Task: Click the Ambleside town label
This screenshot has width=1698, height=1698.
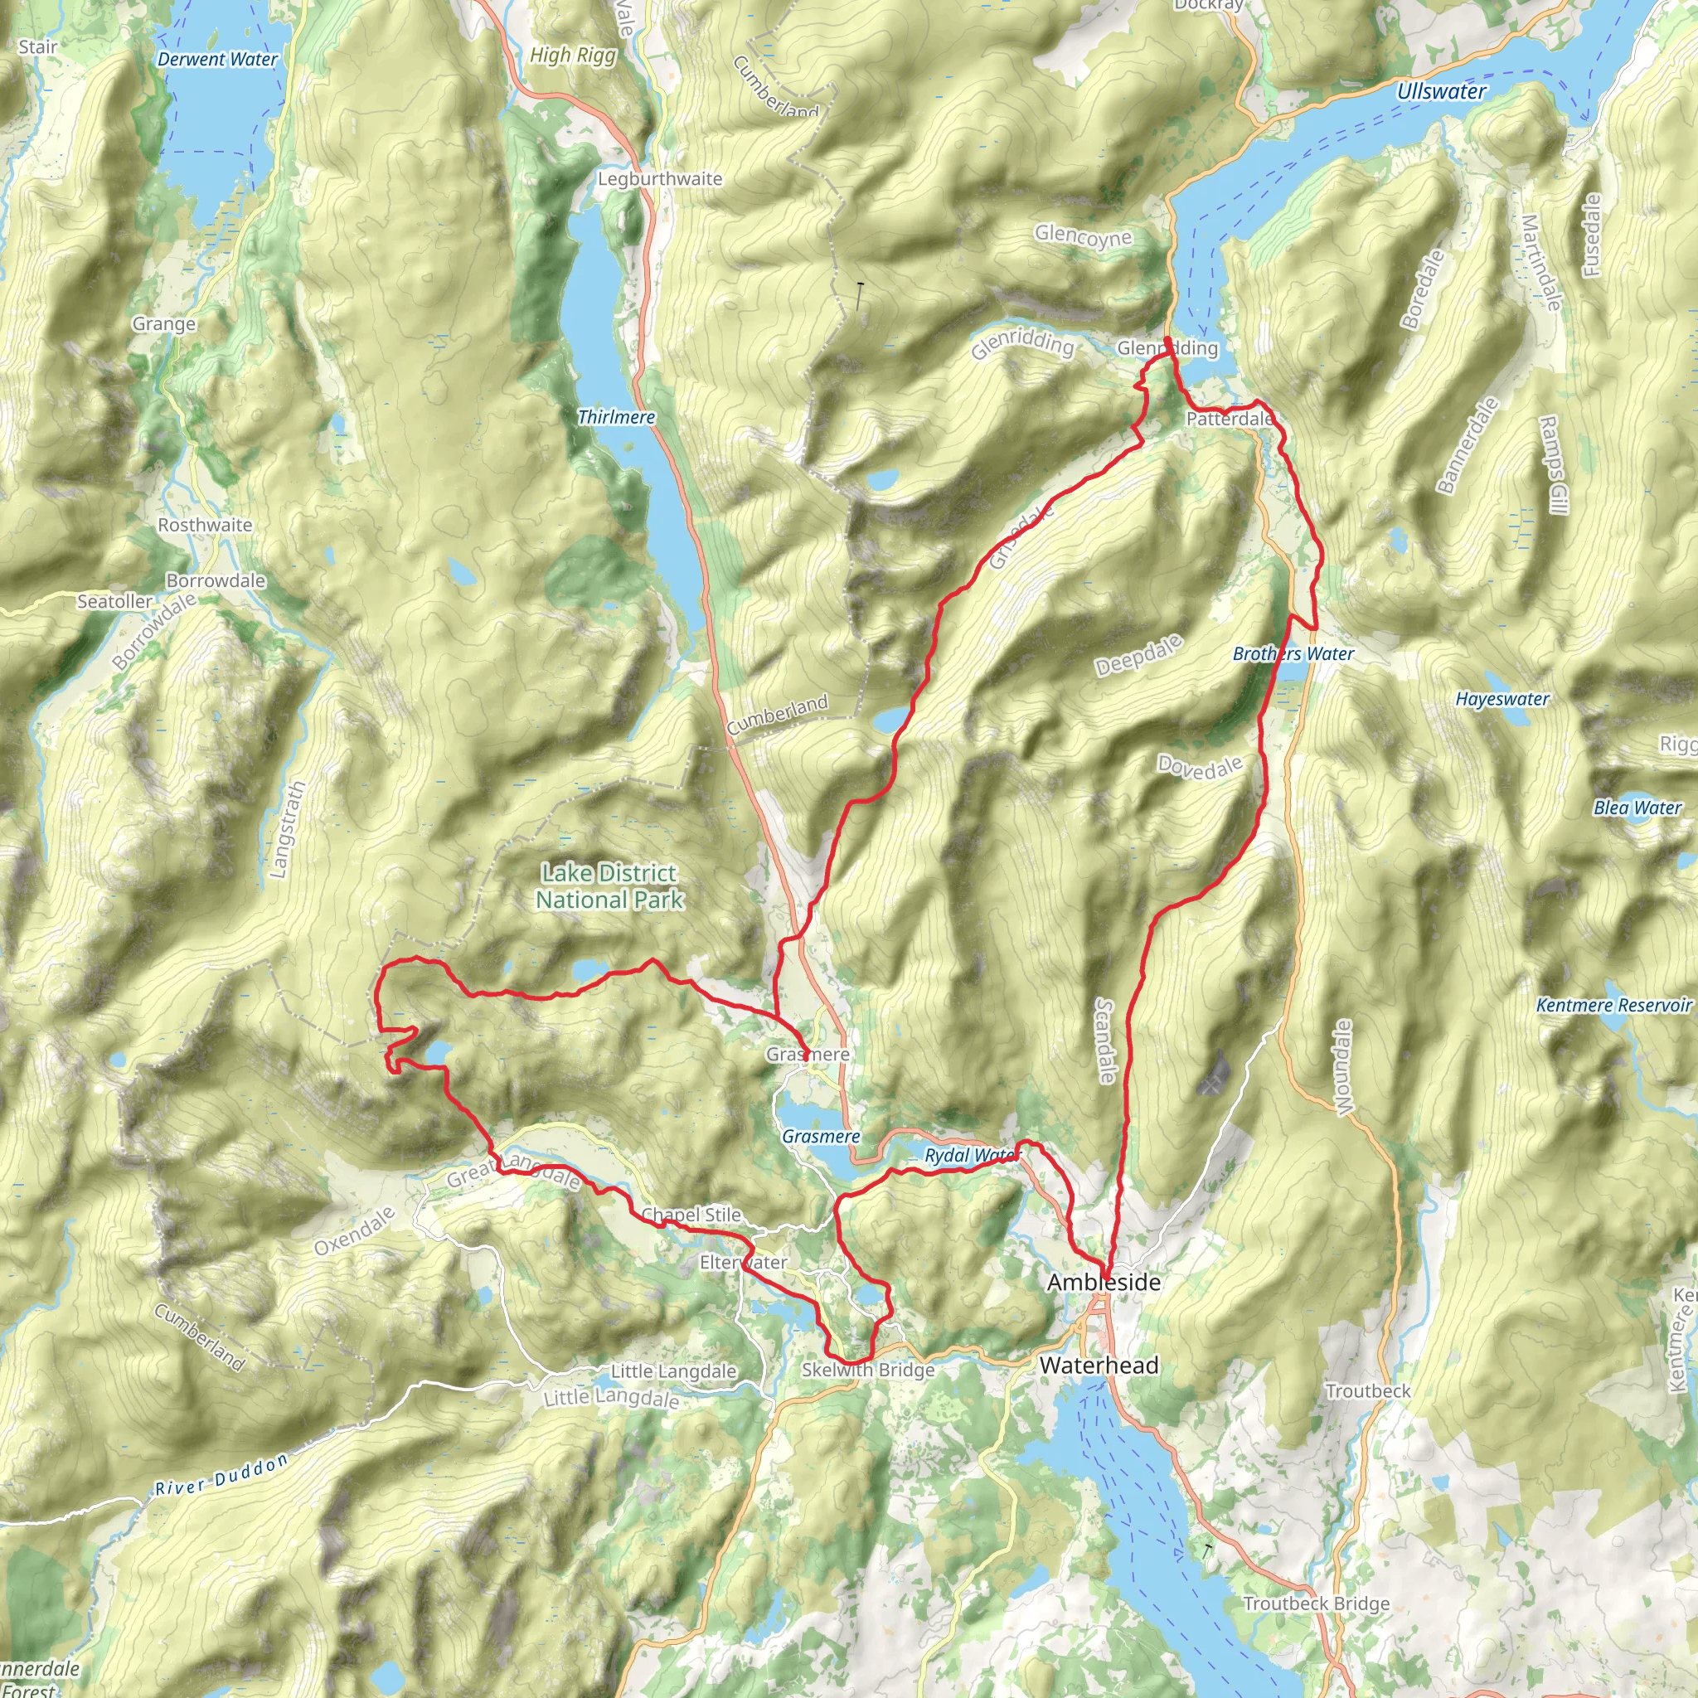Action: coord(1103,1283)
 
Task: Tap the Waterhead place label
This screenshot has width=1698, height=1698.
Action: coord(1099,1365)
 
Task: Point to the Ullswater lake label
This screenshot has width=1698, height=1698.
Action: coord(1441,91)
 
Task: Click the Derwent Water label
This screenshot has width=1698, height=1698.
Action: coord(217,60)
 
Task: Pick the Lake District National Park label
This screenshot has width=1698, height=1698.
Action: coord(609,886)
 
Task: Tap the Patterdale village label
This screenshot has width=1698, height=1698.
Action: coord(1229,419)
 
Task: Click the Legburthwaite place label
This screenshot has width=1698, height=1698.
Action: coord(659,179)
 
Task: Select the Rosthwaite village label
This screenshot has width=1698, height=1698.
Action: coord(205,525)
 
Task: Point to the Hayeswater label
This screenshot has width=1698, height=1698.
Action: coord(1502,699)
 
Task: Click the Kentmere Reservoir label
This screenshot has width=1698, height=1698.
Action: coord(1613,1005)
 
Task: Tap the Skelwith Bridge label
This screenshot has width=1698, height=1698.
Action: coord(867,1371)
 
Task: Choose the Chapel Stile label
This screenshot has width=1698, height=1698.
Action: coord(691,1215)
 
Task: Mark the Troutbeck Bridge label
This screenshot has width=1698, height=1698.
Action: coord(1316,1604)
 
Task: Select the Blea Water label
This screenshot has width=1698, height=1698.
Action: coord(1637,807)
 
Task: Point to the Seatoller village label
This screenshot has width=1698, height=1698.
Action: coord(114,601)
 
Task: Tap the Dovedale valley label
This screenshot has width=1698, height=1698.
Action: coord(1200,767)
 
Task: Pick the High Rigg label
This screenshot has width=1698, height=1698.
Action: coord(572,56)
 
